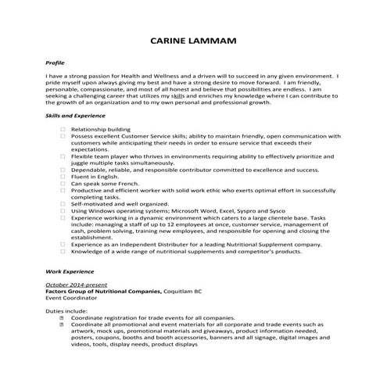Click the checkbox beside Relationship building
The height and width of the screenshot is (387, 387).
point(63,129)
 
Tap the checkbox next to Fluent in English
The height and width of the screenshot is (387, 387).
point(63,177)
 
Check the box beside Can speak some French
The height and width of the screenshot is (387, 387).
point(63,184)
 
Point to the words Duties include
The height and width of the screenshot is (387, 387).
point(67,311)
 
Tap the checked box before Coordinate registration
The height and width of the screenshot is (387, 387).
point(63,318)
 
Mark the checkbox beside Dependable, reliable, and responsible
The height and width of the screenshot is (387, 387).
point(63,170)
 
